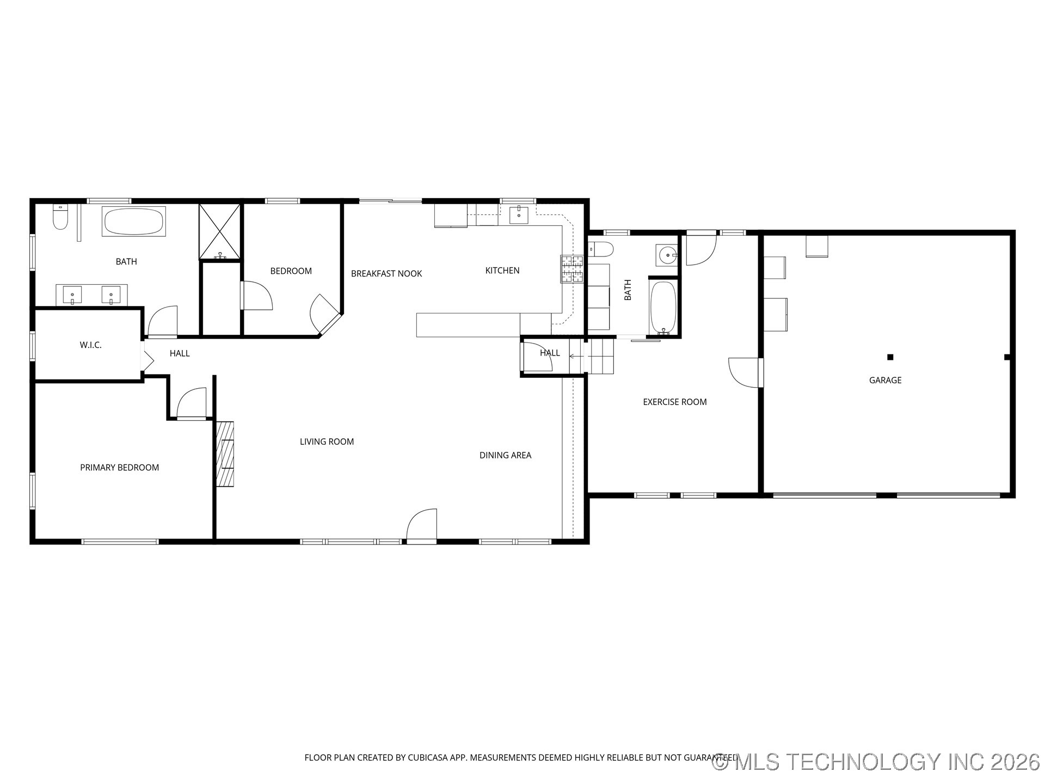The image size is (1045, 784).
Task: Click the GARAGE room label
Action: pos(885,380)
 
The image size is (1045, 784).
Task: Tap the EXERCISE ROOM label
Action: pos(674,402)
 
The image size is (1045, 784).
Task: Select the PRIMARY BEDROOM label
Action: pos(119,467)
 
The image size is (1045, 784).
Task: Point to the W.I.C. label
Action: pos(90,345)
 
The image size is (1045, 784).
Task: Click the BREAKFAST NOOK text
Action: pos(386,273)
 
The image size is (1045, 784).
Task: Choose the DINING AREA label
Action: pos(505,455)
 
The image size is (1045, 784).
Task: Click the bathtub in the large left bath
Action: pos(133,222)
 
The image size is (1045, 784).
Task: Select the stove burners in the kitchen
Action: pos(572,269)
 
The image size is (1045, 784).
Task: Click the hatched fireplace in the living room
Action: pos(225,454)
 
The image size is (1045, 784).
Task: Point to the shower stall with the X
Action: pos(219,231)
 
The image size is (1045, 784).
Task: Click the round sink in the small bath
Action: pos(666,254)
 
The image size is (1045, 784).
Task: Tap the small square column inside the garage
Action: pos(890,357)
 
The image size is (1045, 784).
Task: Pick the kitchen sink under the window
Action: pos(519,215)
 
